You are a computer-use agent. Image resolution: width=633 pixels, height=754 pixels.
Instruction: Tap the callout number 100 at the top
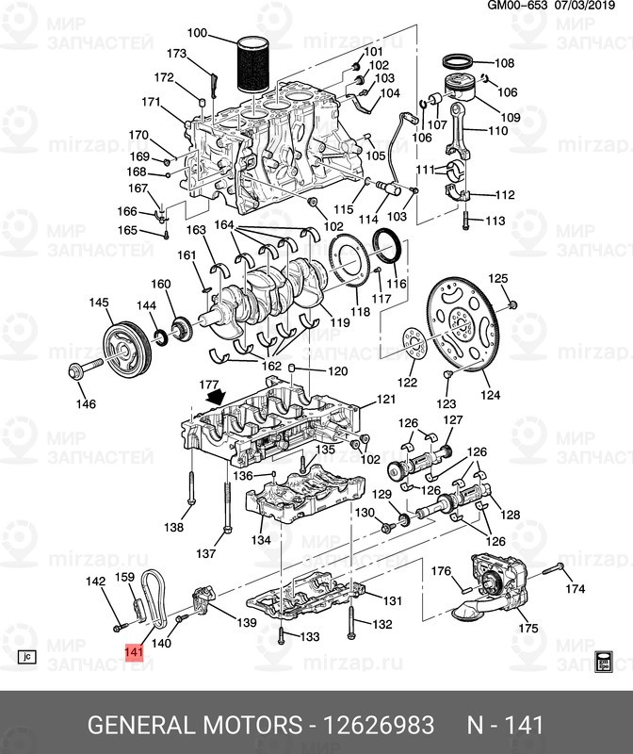coord(197,34)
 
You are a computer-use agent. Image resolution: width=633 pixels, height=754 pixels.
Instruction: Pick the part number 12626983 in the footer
coord(380,725)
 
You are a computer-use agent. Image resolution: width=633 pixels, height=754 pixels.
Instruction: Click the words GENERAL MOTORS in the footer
coord(192,725)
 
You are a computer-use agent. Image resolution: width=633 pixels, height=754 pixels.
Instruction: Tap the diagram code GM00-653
coord(517,7)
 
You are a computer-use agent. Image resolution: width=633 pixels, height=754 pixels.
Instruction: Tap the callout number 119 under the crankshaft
coord(338,323)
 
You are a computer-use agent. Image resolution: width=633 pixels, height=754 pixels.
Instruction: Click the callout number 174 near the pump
coord(575,589)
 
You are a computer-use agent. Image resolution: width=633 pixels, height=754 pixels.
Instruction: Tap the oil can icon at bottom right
coord(605,659)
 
